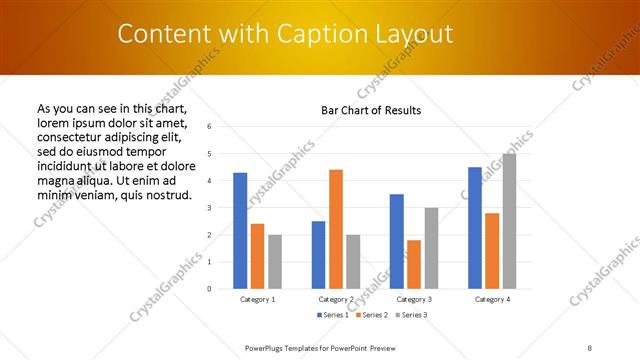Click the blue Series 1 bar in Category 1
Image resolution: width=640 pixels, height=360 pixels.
pos(240,231)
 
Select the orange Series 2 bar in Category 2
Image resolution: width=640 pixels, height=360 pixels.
pos(336,229)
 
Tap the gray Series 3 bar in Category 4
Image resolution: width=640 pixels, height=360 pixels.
pos(509,221)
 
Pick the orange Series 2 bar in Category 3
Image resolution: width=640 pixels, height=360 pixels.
pos(414,264)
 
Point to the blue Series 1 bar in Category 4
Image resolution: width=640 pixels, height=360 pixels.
pos(474,228)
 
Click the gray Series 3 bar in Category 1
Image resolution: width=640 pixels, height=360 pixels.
pos(275,262)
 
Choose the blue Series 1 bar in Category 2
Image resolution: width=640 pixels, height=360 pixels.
pos(318,255)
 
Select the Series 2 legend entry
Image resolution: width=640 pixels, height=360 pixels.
pos(373,315)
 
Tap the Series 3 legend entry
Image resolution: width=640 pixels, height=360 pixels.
pos(411,315)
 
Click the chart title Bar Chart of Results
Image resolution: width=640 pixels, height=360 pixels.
pos(371,110)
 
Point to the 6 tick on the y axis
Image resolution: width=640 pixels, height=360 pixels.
pos(209,127)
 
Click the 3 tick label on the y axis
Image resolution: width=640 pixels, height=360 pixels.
pos(209,208)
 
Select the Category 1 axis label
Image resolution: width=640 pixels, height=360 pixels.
pos(257,299)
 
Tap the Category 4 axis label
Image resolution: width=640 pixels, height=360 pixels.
pos(491,299)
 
